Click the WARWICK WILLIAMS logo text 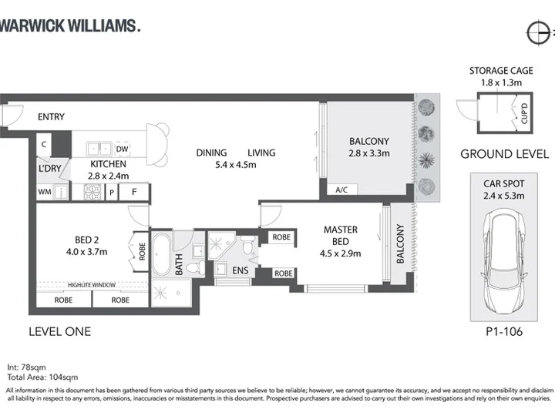point(70,26)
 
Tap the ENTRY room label point(52,117)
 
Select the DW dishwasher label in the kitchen point(122,149)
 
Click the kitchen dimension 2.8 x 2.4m point(109,176)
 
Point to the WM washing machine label point(45,192)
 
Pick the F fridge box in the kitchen point(134,192)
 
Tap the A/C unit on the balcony point(342,190)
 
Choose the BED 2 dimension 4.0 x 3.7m point(86,252)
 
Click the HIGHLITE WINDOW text point(92,285)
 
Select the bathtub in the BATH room point(162,254)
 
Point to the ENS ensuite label point(240,270)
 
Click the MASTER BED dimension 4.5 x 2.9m point(341,253)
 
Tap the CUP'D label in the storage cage point(524,113)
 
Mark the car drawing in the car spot point(504,261)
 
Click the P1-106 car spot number point(504,331)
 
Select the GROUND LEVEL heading point(505,154)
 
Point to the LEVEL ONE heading point(60,331)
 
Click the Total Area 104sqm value point(42,377)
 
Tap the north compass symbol point(539,33)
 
